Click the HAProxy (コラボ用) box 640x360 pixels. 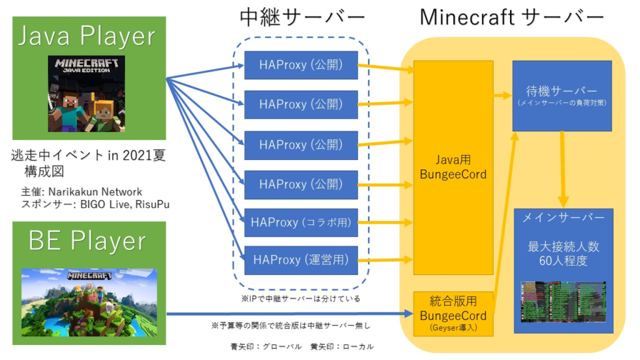pyautogui.click(x=301, y=222)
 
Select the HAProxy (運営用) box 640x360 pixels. pyautogui.click(x=301, y=260)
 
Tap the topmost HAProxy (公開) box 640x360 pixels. pyautogui.click(x=301, y=65)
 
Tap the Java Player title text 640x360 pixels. pyautogui.click(x=87, y=36)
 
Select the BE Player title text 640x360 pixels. pyautogui.click(x=87, y=241)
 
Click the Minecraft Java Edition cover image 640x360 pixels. pyautogui.click(x=86, y=94)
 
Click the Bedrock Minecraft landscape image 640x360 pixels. pyautogui.click(x=87, y=302)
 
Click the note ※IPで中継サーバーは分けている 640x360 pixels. pyautogui.click(x=301, y=298)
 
